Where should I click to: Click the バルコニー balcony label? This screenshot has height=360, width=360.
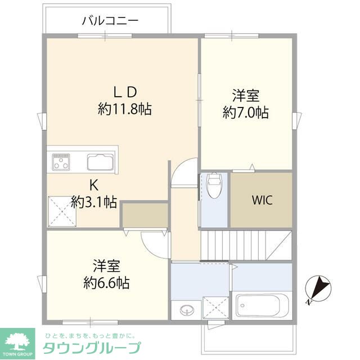(110, 21)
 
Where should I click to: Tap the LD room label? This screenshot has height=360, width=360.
(124, 92)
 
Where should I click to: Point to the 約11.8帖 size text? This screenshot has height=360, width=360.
(124, 109)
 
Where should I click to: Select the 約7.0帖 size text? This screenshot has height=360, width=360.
(245, 112)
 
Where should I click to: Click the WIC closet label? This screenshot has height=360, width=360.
(262, 201)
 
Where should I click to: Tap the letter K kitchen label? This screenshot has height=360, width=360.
(94, 186)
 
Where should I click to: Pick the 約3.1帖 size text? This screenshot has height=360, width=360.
(94, 201)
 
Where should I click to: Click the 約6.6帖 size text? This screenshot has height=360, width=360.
(107, 282)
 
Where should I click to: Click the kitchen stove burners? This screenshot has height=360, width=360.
(61, 162)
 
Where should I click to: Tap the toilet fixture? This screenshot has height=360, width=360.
(215, 184)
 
